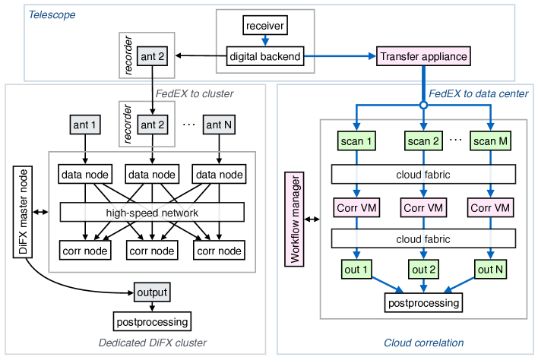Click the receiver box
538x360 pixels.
(x=265, y=26)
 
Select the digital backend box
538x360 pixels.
(x=265, y=56)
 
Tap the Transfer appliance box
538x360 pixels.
(x=422, y=56)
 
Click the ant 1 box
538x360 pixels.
(x=84, y=125)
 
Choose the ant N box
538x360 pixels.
(x=219, y=125)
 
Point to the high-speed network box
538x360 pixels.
(x=152, y=213)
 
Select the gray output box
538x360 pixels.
(x=152, y=292)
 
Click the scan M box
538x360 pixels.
(x=491, y=141)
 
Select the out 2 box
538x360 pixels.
(x=423, y=268)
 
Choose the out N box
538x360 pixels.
(x=491, y=268)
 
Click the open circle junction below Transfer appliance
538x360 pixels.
(x=423, y=105)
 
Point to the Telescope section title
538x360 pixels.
(x=52, y=14)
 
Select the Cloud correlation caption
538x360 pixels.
(x=424, y=343)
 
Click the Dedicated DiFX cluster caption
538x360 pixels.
(x=152, y=343)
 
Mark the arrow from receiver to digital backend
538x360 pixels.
(x=265, y=41)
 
